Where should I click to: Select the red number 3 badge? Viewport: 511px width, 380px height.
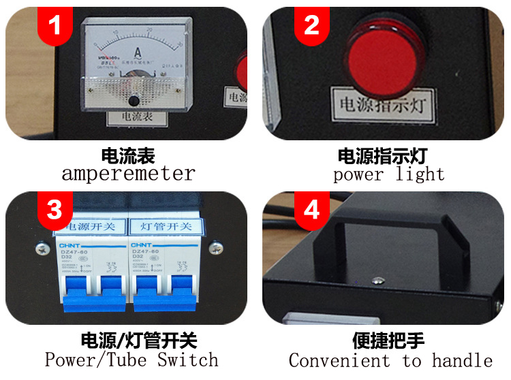point(55,209)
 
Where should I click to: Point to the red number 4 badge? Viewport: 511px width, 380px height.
point(311,209)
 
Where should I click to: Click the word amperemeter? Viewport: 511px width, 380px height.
point(128,174)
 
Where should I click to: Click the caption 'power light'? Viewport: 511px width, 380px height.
point(389,174)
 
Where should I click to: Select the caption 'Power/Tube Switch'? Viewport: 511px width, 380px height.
point(131,359)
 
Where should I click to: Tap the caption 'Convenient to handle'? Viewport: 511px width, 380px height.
point(390,360)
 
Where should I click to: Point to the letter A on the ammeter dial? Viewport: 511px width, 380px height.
point(138,51)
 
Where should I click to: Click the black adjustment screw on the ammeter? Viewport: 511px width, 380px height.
point(134,101)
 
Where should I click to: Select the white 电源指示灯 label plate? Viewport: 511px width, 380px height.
point(383,103)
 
